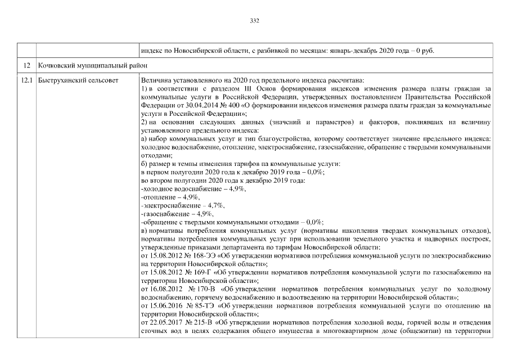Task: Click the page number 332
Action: pos(254,21)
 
